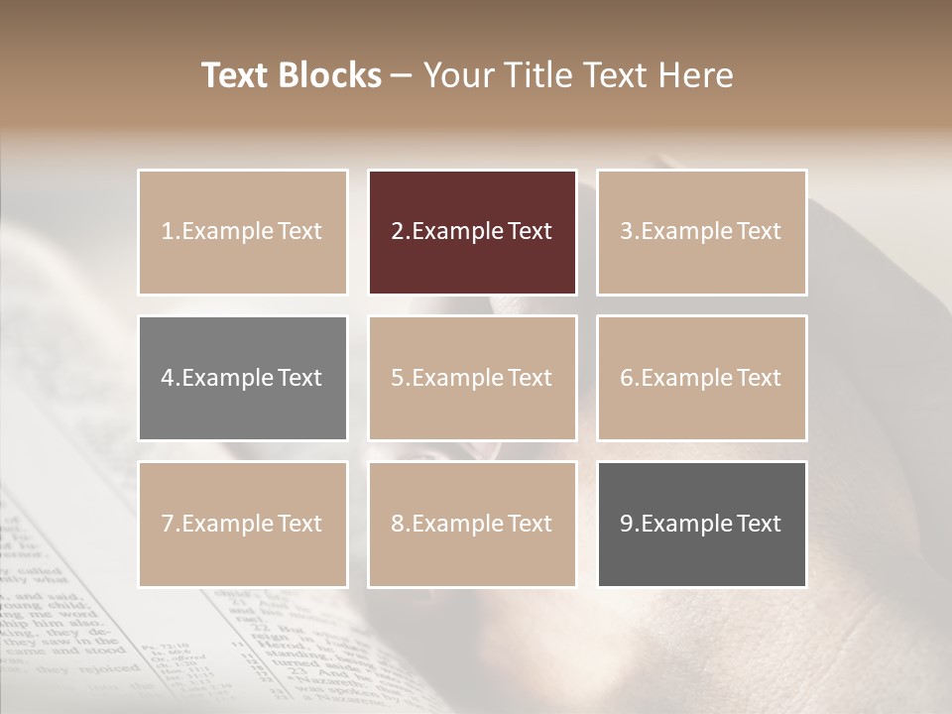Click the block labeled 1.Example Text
point(242,232)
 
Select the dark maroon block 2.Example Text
point(472,232)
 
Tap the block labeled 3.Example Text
point(701,232)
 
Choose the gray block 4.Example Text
point(242,378)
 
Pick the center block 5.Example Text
point(472,378)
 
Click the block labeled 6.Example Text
point(701,378)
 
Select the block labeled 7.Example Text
point(242,524)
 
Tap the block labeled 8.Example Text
point(472,524)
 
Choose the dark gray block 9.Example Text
point(701,524)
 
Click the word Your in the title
point(458,76)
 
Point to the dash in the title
point(403,76)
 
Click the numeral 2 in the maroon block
point(397,232)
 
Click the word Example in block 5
point(456,378)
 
